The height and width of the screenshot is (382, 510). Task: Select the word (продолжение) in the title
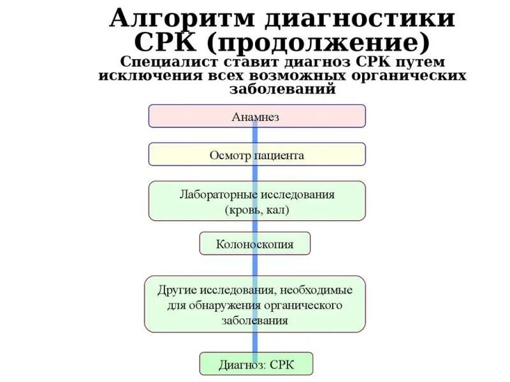point(324,44)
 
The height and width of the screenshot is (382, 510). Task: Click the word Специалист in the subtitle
point(166,62)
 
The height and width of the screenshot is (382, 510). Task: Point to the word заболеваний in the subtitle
point(282,89)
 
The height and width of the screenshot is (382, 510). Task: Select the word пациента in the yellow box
point(279,155)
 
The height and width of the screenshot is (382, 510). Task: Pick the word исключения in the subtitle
point(145,76)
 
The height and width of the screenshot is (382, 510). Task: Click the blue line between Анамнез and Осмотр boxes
point(255,135)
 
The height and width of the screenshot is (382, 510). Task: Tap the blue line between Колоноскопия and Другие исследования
point(255,265)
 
